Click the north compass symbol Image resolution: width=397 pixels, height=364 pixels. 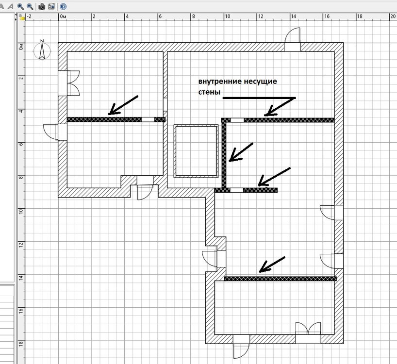[x=42, y=50]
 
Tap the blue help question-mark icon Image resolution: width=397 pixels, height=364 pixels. [x=63, y=6]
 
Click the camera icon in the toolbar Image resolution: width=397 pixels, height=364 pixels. [x=42, y=6]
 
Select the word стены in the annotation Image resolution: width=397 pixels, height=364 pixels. [x=209, y=92]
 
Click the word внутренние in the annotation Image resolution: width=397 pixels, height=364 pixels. [x=220, y=82]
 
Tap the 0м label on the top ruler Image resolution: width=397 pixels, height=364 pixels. [x=63, y=17]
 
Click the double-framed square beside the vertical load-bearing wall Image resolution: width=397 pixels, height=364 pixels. [x=196, y=151]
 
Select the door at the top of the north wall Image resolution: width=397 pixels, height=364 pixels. [x=293, y=39]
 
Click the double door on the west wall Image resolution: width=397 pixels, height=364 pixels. [x=69, y=83]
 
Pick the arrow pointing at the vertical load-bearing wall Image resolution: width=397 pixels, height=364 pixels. [x=241, y=152]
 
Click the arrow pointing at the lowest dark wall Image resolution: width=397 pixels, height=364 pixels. [x=272, y=265]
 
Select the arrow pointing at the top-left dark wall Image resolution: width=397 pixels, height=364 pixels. [x=123, y=105]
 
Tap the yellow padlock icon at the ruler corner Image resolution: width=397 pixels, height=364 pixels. [x=22, y=17]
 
